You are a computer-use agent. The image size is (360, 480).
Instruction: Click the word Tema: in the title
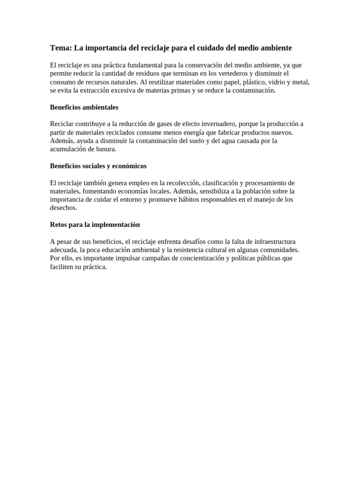coord(60,48)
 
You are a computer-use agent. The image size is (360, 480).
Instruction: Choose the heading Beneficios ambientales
coord(84,107)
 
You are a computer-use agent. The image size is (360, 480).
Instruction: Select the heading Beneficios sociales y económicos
coord(98,166)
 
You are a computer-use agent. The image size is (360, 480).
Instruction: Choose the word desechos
coord(63,208)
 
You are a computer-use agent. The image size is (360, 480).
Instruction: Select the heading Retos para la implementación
coord(95,225)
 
